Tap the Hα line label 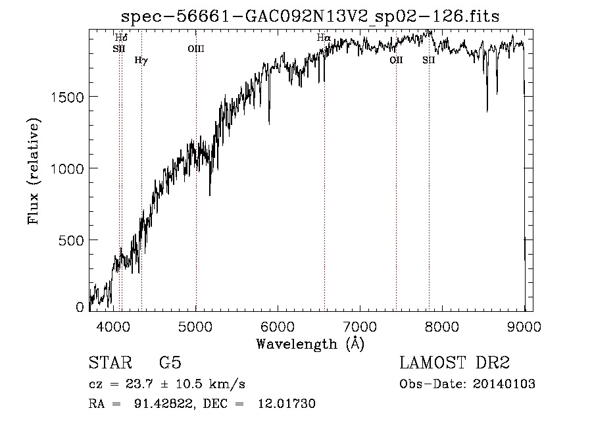[323, 38]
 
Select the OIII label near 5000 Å [196, 48]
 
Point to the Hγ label [141, 61]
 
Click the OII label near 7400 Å [396, 60]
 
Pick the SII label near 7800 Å [429, 60]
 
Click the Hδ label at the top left [121, 38]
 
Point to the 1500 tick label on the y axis [66, 97]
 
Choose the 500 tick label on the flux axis [71, 240]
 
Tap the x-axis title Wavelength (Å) [310, 343]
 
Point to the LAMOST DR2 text [455, 363]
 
